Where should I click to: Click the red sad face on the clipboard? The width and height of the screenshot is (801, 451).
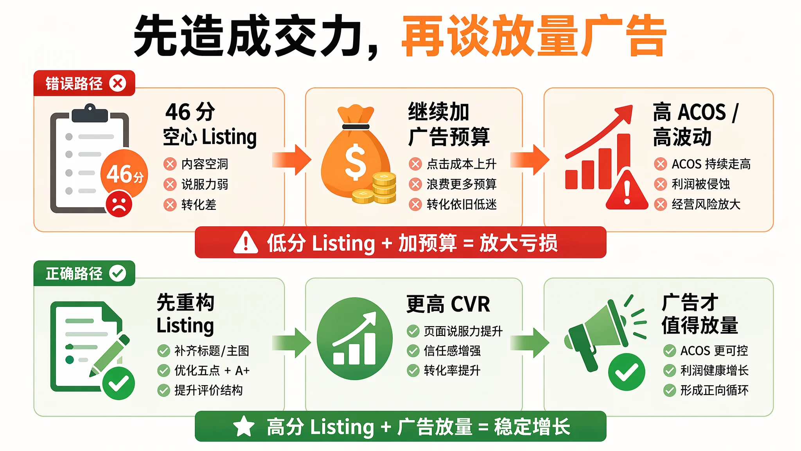(119, 204)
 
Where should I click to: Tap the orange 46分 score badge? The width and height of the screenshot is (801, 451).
(124, 173)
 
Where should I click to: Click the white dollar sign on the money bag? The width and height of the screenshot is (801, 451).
(356, 162)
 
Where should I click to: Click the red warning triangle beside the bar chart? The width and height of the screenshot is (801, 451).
(627, 190)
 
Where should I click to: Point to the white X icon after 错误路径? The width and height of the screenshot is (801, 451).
(118, 83)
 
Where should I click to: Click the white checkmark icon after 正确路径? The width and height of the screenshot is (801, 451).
(118, 273)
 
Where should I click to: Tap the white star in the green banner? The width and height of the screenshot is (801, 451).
(244, 426)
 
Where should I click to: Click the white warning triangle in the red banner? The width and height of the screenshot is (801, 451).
(246, 242)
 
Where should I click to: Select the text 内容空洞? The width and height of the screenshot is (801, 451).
(205, 164)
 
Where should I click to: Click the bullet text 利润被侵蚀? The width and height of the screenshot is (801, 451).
(701, 184)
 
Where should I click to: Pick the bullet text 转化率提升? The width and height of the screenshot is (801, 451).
(452, 370)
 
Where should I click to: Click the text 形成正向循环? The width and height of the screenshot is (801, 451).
(714, 390)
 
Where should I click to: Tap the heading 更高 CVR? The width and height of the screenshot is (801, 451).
(448, 304)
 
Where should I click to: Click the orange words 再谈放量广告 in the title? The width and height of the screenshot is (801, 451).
(534, 36)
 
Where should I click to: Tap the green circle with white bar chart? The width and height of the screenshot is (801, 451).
(354, 339)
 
